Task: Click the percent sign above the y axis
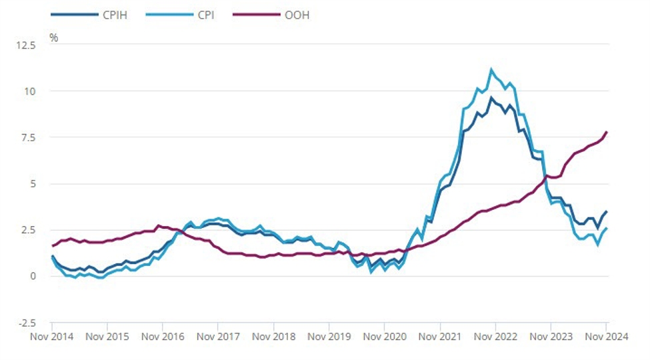pyautogui.click(x=53, y=37)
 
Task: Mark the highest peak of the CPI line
pyautogui.click(x=491, y=69)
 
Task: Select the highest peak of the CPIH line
pyautogui.click(x=491, y=98)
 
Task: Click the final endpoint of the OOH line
pyautogui.click(x=607, y=132)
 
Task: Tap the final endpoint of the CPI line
pyautogui.click(x=607, y=229)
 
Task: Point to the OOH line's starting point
pyautogui.click(x=53, y=246)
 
